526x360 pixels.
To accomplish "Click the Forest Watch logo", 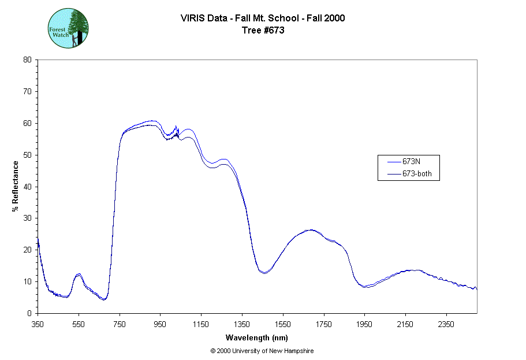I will coord(68,28).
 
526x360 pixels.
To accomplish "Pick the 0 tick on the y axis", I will coord(29,313).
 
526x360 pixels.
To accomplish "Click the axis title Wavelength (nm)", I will coord(257,338).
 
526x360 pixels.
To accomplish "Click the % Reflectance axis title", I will coord(16,186).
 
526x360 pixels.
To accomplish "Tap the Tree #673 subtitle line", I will coord(263,30).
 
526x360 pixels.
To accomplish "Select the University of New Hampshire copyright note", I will coord(262,351).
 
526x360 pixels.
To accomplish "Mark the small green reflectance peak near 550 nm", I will coord(79,274).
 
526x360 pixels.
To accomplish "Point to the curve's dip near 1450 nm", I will coord(263,272).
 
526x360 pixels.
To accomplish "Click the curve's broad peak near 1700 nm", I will coord(311,230).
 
